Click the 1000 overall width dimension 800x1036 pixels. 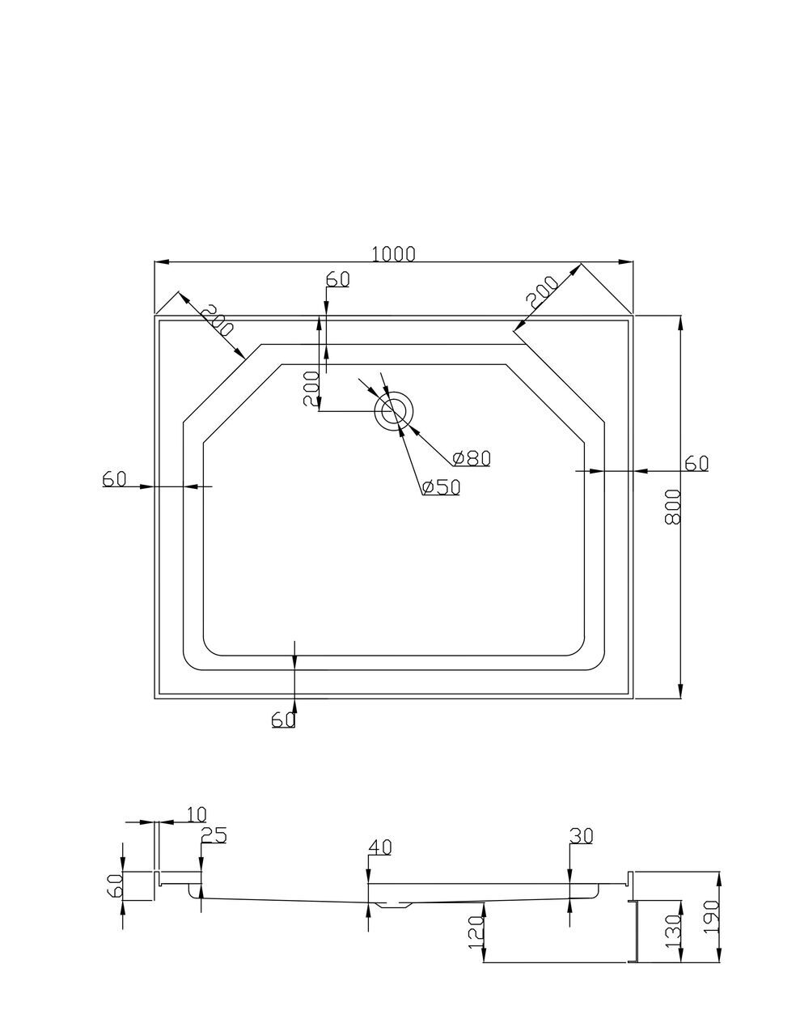[393, 253]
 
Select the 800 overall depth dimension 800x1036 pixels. [672, 507]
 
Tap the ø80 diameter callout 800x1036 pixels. [472, 458]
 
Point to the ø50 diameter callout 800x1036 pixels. [441, 487]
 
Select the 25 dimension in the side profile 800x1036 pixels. [214, 835]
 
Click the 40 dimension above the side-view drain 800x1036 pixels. [379, 847]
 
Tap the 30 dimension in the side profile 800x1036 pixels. [582, 835]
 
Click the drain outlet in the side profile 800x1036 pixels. [395, 905]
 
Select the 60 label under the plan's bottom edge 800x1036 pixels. [283, 720]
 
